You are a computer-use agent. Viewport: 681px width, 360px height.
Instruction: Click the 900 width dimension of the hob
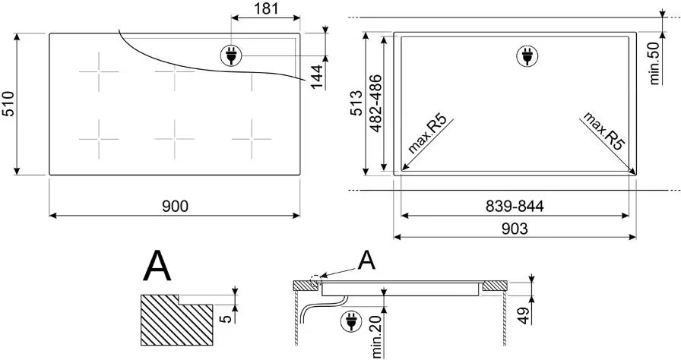click(174, 206)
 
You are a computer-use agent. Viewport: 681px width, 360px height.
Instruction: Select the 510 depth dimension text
click(8, 104)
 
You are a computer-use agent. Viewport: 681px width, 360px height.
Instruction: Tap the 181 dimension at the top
click(265, 8)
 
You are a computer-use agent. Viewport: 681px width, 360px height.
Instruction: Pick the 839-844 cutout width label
click(515, 206)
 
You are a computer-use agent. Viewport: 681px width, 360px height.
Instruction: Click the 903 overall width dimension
click(515, 228)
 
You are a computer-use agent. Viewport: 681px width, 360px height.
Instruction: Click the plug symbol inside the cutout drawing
click(524, 55)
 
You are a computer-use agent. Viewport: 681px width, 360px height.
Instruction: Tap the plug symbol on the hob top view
click(229, 55)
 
